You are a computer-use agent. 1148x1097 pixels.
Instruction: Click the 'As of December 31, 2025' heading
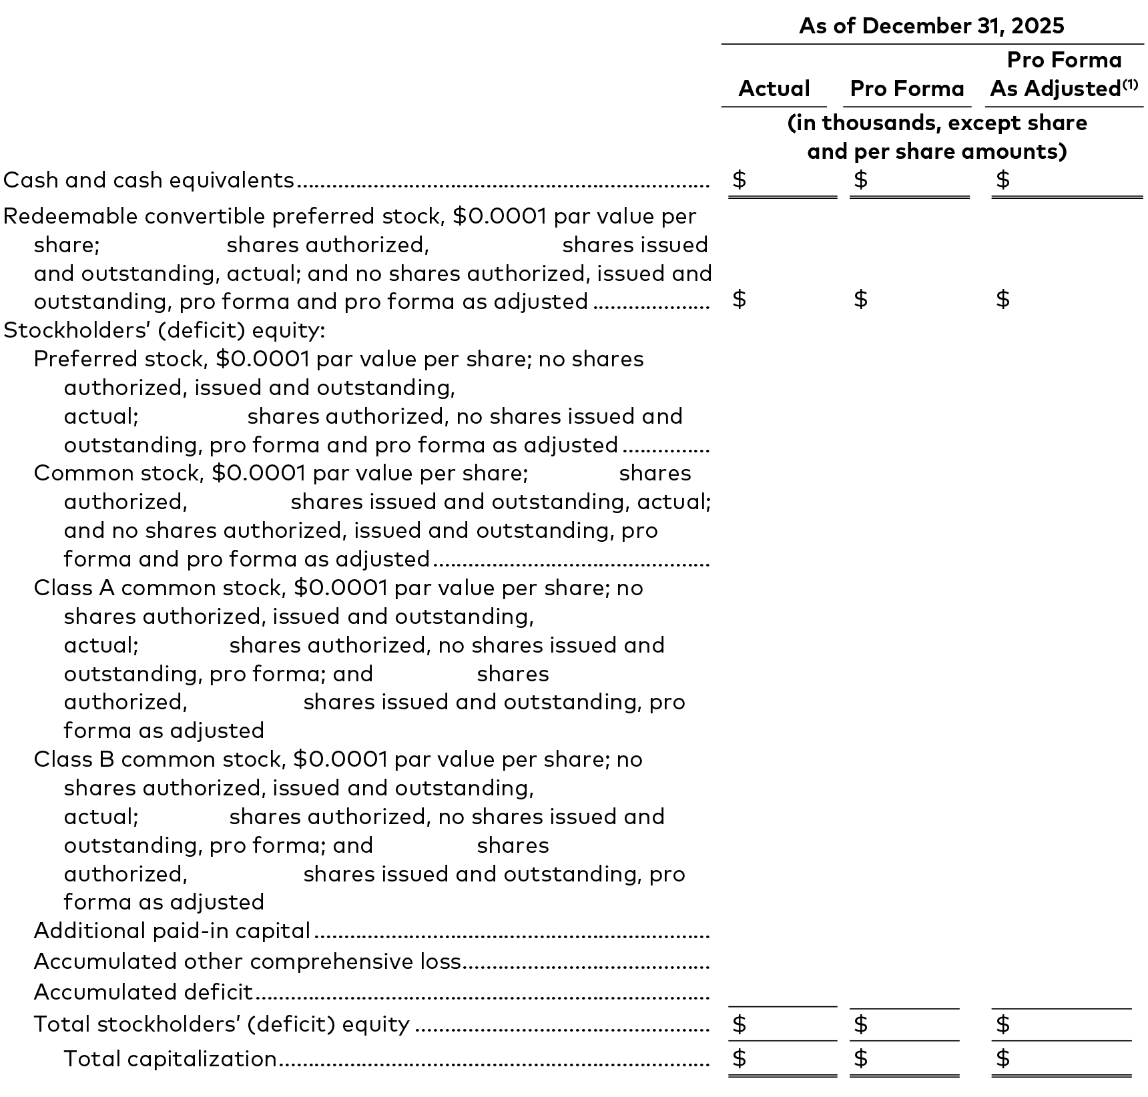(x=931, y=26)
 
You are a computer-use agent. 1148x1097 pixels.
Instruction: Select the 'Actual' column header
(x=774, y=89)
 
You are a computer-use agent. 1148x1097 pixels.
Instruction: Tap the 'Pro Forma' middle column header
(x=906, y=89)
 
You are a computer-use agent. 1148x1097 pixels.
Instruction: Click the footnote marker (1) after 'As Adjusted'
(x=1130, y=84)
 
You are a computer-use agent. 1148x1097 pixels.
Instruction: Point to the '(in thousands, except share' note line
(x=936, y=123)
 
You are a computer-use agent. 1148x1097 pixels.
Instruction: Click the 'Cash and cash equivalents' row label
(x=149, y=180)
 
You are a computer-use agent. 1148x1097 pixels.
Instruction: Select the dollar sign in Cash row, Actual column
(x=739, y=179)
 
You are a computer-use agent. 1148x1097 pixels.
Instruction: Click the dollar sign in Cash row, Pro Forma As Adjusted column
(x=1002, y=179)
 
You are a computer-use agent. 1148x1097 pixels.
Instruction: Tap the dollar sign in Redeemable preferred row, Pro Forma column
(x=861, y=299)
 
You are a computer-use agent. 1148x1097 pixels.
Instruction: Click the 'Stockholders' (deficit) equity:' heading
(x=164, y=330)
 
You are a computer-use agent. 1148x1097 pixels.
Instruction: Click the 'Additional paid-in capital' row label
(x=172, y=931)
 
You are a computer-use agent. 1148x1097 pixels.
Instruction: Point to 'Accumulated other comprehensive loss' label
(x=247, y=962)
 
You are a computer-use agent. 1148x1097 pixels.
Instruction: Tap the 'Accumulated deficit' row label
(x=143, y=992)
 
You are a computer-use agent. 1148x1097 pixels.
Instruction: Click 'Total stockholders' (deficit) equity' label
(x=222, y=1024)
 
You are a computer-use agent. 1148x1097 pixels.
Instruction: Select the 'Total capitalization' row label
(x=170, y=1059)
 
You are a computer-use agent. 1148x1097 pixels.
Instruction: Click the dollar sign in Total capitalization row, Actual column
(x=739, y=1058)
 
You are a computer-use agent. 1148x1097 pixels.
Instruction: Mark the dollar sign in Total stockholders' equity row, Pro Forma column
(x=861, y=1024)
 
